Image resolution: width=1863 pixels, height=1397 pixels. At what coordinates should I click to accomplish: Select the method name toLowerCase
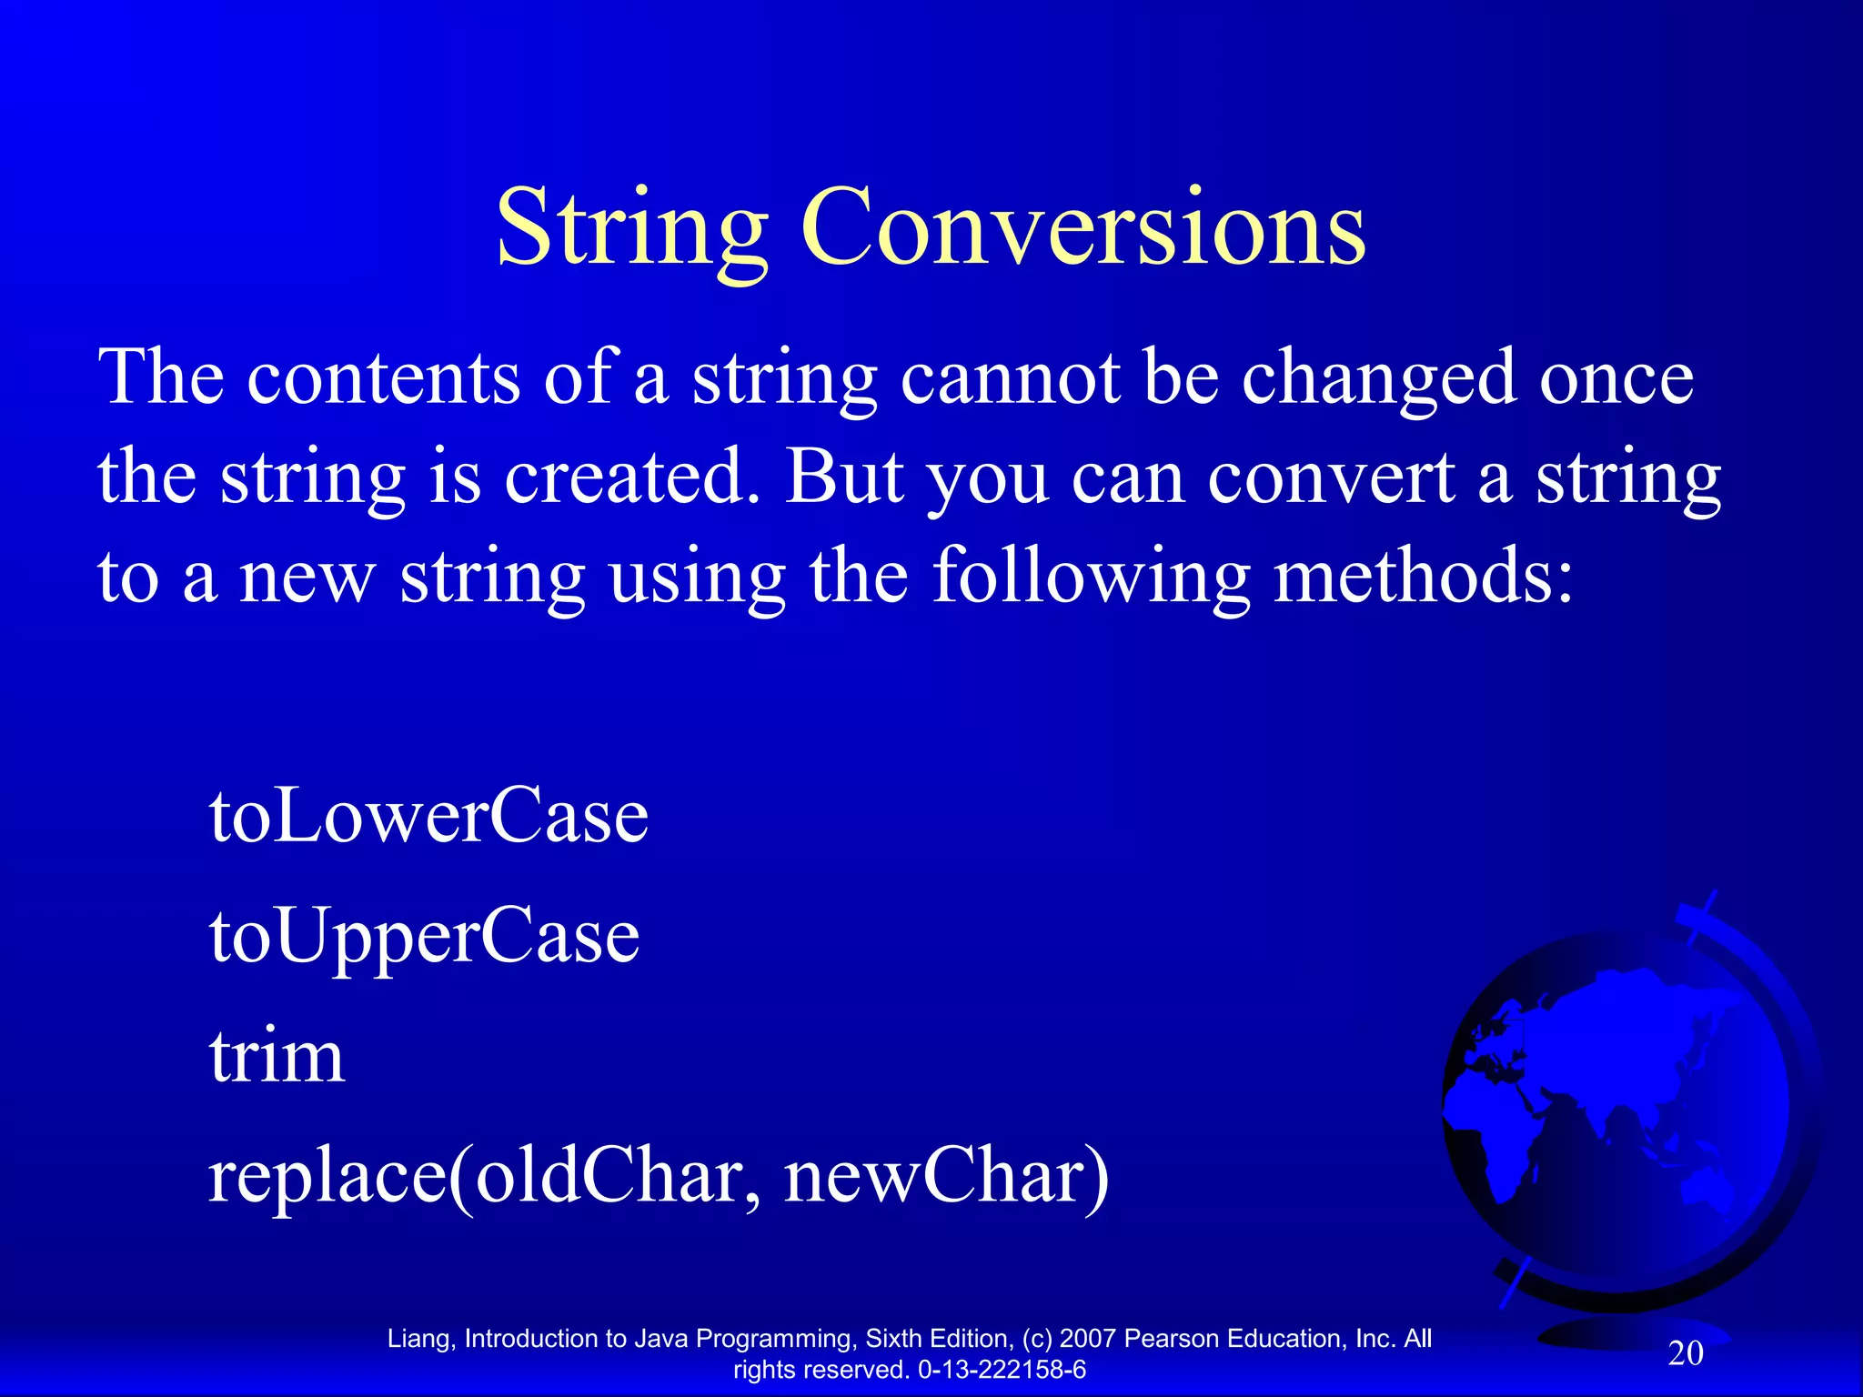[428, 815]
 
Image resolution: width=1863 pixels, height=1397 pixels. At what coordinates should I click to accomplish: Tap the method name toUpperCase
[424, 937]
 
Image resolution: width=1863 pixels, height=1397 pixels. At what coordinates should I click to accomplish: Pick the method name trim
[277, 1057]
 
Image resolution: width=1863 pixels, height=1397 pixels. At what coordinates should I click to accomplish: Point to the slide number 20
[1685, 1353]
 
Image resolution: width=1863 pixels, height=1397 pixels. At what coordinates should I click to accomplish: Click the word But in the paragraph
[844, 477]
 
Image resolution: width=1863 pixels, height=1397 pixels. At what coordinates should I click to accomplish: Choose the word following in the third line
[1092, 578]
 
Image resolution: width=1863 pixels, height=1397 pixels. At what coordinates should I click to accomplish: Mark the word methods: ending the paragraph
[1423, 578]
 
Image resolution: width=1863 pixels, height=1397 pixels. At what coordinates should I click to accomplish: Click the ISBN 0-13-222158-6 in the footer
[1002, 1370]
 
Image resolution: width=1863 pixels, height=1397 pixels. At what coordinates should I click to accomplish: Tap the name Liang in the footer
[418, 1339]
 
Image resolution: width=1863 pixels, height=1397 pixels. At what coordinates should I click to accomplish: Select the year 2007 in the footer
[1088, 1339]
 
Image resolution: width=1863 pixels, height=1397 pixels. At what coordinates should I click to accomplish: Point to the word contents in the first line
[384, 377]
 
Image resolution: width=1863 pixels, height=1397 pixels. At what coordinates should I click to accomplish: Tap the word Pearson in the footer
[1172, 1339]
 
